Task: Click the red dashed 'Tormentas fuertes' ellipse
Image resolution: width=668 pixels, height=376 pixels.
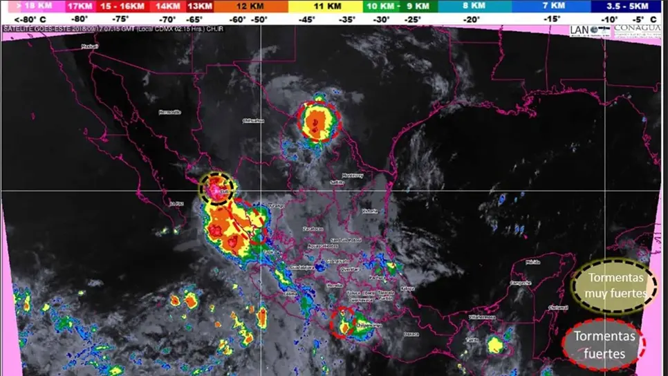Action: pyautogui.click(x=603, y=345)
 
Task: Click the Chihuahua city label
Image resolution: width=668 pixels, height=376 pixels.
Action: pyautogui.click(x=253, y=121)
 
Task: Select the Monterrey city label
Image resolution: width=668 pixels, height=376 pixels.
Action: pyautogui.click(x=353, y=176)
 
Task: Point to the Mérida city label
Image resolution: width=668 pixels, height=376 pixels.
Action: pyautogui.click(x=532, y=263)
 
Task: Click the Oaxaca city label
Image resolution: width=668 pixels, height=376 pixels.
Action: pyautogui.click(x=411, y=334)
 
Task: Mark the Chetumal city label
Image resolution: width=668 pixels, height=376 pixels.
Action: pyautogui.click(x=557, y=308)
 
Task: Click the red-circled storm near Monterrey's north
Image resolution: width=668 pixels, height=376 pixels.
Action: pyautogui.click(x=319, y=122)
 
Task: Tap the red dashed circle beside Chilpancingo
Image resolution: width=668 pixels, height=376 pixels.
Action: pyautogui.click(x=344, y=323)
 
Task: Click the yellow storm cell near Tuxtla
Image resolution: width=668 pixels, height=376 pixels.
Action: pyautogui.click(x=495, y=344)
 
